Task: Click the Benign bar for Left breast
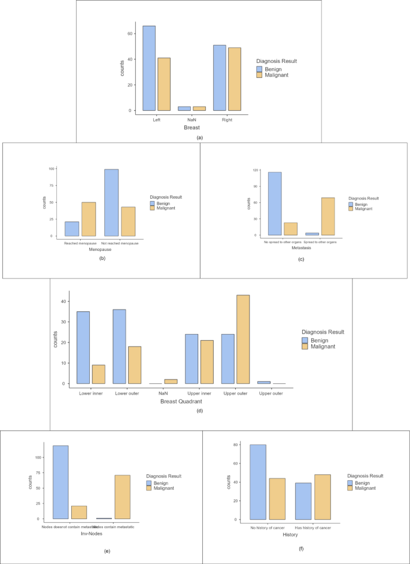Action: [x=149, y=68]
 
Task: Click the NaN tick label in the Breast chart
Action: [x=185, y=120]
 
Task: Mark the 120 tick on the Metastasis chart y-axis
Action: [x=254, y=170]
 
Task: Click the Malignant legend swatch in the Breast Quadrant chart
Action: [x=306, y=346]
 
